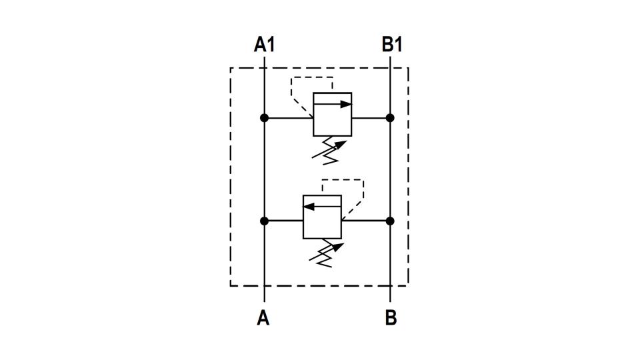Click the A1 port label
point(265,45)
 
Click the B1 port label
point(392,45)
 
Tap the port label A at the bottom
point(263,317)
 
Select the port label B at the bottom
point(391,317)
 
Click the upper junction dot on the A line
point(265,118)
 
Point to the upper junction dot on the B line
point(390,118)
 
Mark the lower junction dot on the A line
point(265,221)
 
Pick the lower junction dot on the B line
point(390,221)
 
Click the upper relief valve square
point(332,114)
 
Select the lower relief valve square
point(323,217)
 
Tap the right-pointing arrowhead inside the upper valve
point(346,104)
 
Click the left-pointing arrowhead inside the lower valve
point(309,207)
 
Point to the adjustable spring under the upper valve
point(329,151)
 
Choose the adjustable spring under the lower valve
point(326,253)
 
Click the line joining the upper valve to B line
point(371,119)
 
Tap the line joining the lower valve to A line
point(284,221)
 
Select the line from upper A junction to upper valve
point(289,119)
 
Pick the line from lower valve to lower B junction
point(366,221)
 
